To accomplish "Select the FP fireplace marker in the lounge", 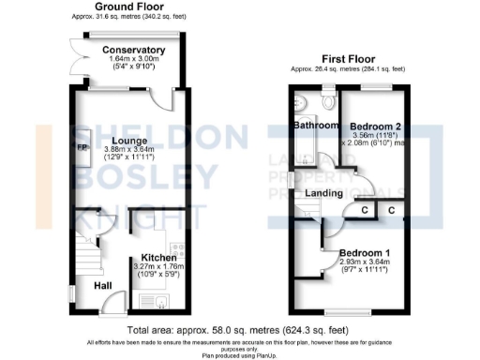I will [81, 147].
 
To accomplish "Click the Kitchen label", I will [159, 257].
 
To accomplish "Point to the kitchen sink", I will [154, 301].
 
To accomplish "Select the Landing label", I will [323, 193].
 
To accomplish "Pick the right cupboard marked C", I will [389, 210].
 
